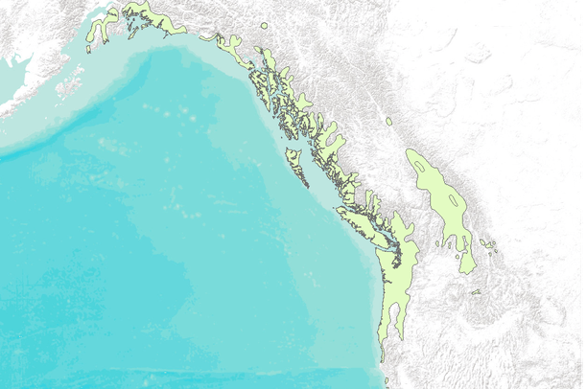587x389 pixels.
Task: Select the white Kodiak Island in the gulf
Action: (x=69, y=84)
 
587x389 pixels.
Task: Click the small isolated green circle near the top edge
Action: (x=264, y=25)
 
